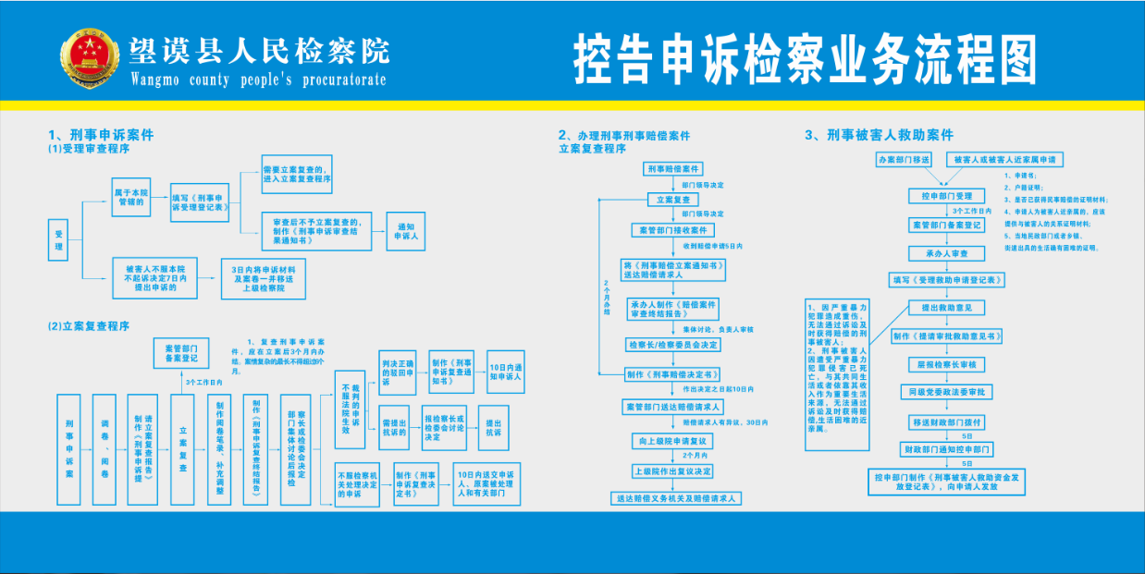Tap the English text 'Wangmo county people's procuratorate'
click(258, 79)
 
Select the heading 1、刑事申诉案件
click(101, 135)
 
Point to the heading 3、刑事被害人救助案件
click(879, 135)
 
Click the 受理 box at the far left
click(59, 239)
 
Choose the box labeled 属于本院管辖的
click(130, 199)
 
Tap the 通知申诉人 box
click(408, 231)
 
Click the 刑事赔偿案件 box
click(673, 169)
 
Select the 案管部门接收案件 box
click(673, 230)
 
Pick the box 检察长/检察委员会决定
click(673, 345)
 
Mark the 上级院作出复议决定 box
click(673, 470)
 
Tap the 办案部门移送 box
click(903, 160)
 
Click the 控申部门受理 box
click(941, 196)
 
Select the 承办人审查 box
click(941, 252)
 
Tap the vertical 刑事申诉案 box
click(70, 449)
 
